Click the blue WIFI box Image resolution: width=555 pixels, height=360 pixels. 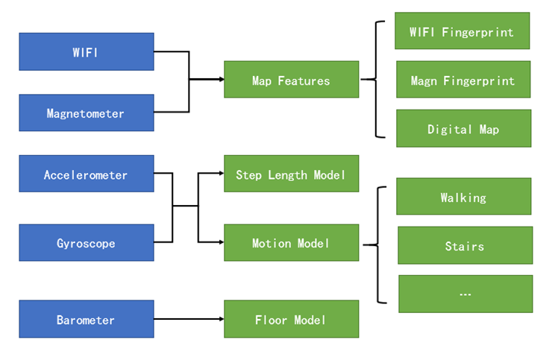86,51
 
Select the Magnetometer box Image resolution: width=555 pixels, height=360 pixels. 86,113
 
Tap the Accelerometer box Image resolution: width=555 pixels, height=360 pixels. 86,174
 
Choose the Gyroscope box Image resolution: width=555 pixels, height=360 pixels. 86,243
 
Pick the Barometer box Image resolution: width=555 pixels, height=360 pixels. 86,320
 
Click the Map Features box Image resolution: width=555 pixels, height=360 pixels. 291,80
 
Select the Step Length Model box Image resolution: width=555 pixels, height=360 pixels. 291,174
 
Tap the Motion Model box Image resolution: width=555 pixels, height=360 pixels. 291,243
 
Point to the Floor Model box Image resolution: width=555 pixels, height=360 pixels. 291,320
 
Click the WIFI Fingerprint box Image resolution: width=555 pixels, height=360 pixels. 462,31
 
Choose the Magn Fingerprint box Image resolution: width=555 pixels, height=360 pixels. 462,80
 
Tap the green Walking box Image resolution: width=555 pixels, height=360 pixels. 463,197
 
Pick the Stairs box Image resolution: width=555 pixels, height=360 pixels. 465,245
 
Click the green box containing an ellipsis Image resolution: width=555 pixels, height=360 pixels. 465,294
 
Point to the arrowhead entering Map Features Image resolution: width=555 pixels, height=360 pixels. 219,80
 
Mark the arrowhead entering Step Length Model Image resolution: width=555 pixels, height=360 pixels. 219,174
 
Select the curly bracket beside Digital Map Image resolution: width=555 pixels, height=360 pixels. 378,80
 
